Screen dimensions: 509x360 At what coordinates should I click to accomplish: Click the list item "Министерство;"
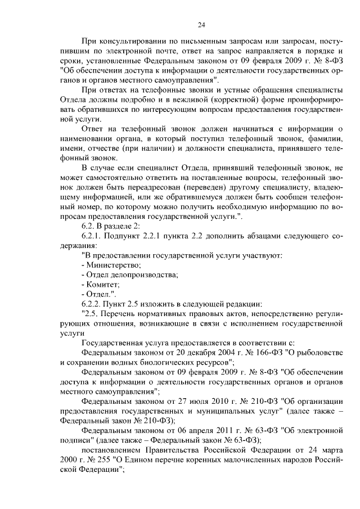coord(111,264)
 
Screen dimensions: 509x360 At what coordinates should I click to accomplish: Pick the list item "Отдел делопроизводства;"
coord(130,274)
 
